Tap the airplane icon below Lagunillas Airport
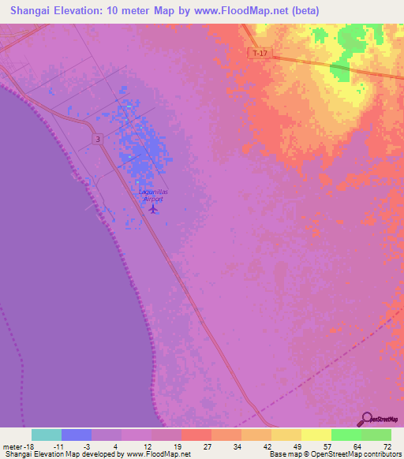tap(153, 209)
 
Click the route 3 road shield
tap(97, 139)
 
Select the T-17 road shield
tap(258, 53)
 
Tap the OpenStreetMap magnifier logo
tap(366, 420)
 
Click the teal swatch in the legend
tap(46, 435)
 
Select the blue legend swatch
tap(76, 435)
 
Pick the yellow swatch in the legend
tap(316, 435)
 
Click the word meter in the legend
tap(13, 446)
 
